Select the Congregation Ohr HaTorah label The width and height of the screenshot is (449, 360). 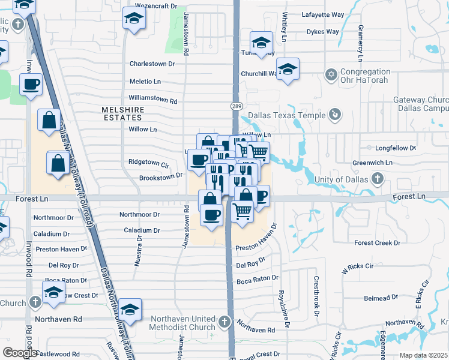(x=365, y=76)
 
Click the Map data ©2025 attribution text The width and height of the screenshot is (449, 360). (x=424, y=355)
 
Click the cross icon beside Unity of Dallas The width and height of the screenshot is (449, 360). (x=377, y=178)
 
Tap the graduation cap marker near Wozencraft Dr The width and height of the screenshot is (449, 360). (x=133, y=18)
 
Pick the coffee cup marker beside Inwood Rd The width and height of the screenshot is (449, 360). (x=31, y=85)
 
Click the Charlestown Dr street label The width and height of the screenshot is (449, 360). (x=152, y=63)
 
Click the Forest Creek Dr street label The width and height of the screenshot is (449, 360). (x=377, y=243)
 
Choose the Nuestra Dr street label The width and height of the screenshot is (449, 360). (x=139, y=245)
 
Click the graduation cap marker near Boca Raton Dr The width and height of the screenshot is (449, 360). (x=54, y=292)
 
